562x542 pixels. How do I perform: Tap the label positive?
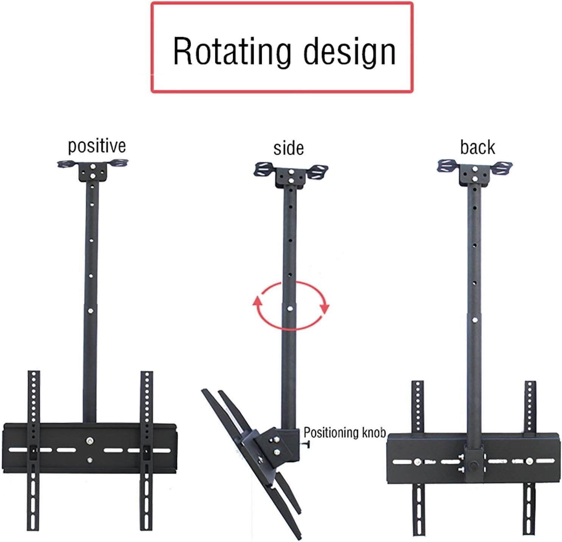(x=97, y=146)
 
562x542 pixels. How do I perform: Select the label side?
(x=288, y=148)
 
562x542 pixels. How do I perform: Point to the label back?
(x=477, y=147)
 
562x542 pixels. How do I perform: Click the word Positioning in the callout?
(x=327, y=432)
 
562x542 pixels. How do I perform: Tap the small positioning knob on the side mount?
(x=307, y=444)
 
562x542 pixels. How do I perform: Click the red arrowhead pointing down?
(x=325, y=308)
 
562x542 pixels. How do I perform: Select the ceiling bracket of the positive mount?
(x=93, y=170)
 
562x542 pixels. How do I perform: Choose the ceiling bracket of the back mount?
(x=475, y=172)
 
